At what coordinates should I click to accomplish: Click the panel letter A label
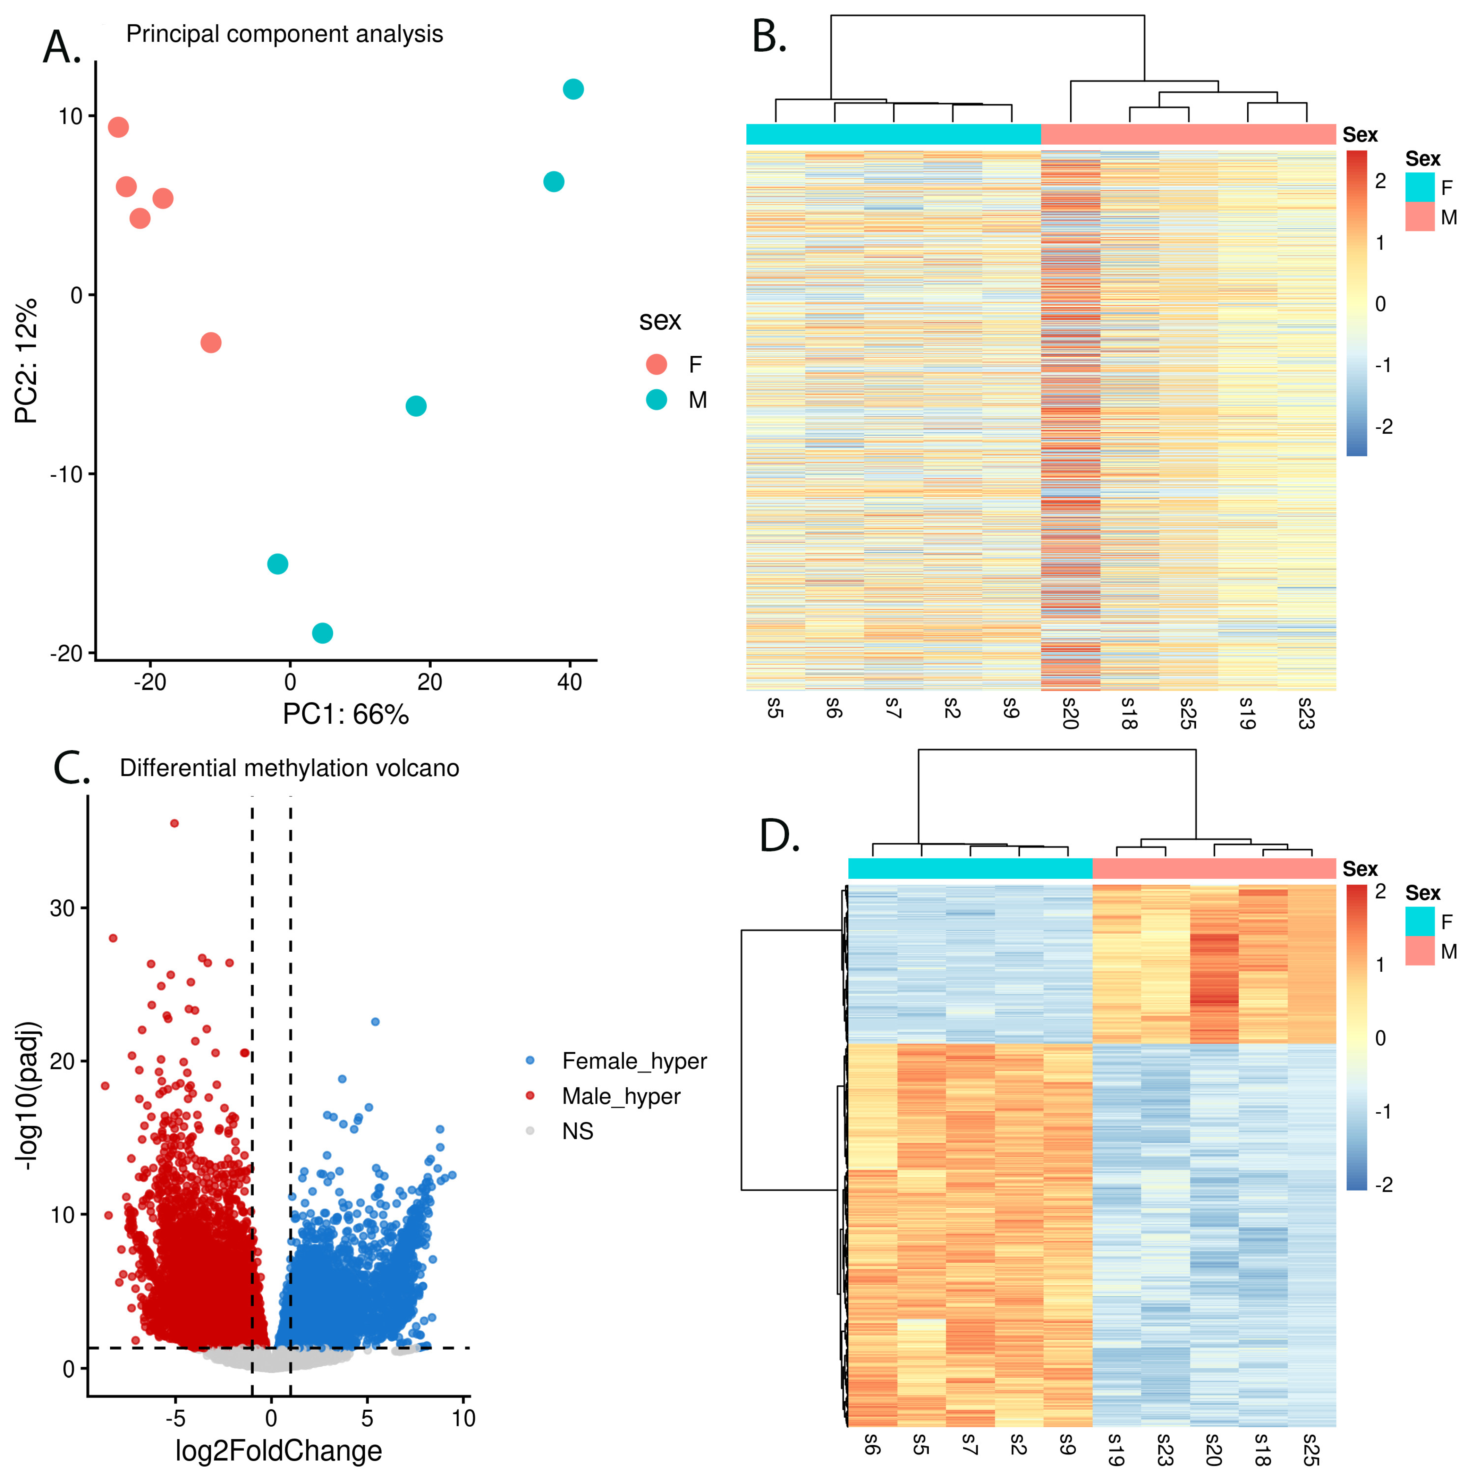tap(61, 48)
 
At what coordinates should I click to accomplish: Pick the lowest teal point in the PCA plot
tap(322, 633)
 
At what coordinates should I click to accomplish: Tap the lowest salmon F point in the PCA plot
tap(211, 342)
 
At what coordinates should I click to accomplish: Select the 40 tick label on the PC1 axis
tap(569, 682)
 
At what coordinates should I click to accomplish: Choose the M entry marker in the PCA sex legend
tap(656, 399)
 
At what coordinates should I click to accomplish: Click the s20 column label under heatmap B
tap(1070, 712)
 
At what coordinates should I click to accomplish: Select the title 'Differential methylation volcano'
tap(289, 768)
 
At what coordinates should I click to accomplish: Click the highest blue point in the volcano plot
tap(375, 1021)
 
